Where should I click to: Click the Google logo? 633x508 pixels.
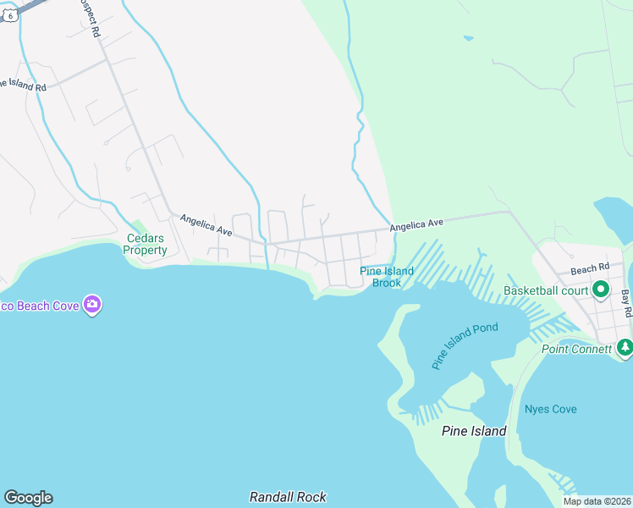pos(28,498)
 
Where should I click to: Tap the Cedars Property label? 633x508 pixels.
pos(146,244)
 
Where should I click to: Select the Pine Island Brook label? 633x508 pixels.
pos(387,277)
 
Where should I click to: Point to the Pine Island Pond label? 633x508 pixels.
pos(465,345)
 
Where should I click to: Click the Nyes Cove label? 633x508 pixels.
pos(550,409)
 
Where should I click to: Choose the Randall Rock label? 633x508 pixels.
pos(288,497)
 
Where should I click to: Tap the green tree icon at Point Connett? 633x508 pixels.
pos(625,347)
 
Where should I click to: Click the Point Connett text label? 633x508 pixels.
pos(576,350)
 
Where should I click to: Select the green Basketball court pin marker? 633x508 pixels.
pos(601,290)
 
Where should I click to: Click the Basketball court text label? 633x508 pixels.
pos(546,290)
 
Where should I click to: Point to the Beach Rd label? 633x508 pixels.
pos(589,269)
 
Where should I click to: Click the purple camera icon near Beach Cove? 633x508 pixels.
pos(93,304)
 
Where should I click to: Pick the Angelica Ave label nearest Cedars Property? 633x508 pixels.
pos(206,225)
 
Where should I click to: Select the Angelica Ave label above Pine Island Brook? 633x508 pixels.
pos(416,224)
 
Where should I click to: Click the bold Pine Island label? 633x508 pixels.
pos(474,431)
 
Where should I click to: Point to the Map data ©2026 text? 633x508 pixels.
pos(597,501)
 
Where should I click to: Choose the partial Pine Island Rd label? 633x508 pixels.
pos(23,86)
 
